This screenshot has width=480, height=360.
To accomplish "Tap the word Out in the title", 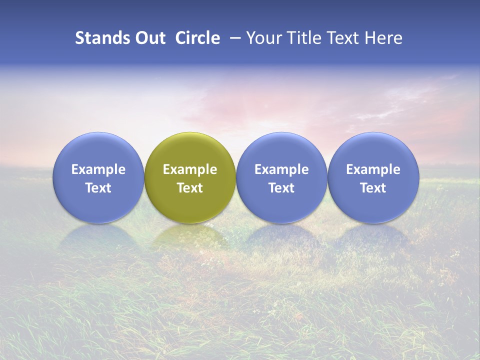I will click(149, 38).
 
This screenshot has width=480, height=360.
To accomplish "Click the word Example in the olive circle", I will click(190, 169).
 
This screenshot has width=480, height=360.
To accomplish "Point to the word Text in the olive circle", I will click(190, 188).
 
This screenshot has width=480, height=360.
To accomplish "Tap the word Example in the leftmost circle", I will click(98, 169).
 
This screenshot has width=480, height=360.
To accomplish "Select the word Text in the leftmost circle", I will click(98, 188).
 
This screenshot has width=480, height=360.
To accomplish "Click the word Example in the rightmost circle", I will click(373, 169).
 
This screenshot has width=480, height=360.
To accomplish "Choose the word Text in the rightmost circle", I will click(373, 188).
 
